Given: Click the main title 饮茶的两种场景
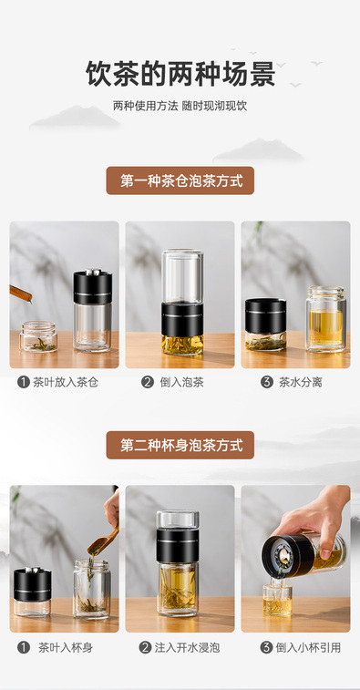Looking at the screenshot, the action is click(x=180, y=73).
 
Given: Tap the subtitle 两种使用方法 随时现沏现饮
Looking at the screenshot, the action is click(x=180, y=106).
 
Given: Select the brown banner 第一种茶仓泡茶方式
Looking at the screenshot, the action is click(x=180, y=180).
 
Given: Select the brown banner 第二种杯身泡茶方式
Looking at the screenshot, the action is click(x=180, y=445).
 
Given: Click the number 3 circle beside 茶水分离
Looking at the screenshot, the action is click(x=267, y=382).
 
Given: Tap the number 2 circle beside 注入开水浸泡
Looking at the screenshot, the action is click(x=145, y=647).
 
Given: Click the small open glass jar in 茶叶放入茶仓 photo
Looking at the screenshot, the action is click(x=38, y=336).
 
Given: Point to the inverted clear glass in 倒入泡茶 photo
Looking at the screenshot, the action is click(x=182, y=276).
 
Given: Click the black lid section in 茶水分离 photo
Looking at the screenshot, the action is click(x=266, y=315).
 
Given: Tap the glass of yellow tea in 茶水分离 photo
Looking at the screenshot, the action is click(x=326, y=319).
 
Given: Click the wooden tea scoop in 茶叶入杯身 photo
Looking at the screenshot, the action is click(x=103, y=541).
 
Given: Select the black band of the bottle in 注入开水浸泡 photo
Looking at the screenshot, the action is click(x=178, y=545).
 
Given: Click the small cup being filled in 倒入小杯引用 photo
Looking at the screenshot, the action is click(x=277, y=600).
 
